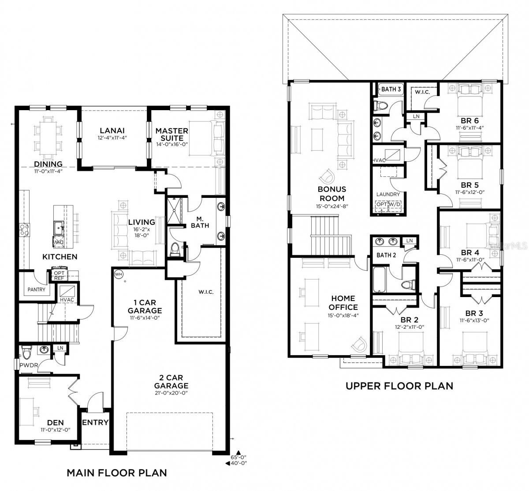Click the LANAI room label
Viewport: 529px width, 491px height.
tap(112, 130)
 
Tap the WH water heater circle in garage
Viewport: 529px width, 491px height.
tap(119, 274)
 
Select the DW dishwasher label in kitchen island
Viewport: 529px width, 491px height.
tap(58, 242)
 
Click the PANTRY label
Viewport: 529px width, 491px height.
tap(37, 289)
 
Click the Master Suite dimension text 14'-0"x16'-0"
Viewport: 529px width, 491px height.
tap(172, 145)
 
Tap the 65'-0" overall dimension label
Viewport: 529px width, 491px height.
tap(238, 457)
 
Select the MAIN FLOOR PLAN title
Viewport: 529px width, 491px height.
tap(117, 472)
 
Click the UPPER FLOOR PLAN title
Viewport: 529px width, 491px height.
tap(399, 386)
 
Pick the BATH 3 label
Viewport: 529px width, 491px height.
tap(391, 89)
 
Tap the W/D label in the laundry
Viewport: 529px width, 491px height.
tap(395, 205)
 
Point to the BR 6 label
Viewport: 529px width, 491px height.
tap(470, 121)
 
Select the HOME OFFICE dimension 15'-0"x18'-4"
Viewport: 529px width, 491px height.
tap(343, 316)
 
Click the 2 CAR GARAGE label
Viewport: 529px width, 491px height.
tap(171, 382)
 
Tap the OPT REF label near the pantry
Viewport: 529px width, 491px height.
tap(59, 275)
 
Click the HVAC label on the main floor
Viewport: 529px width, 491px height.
tap(67, 300)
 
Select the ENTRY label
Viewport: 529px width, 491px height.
tap(95, 422)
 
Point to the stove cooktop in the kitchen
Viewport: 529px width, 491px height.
tap(25, 230)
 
